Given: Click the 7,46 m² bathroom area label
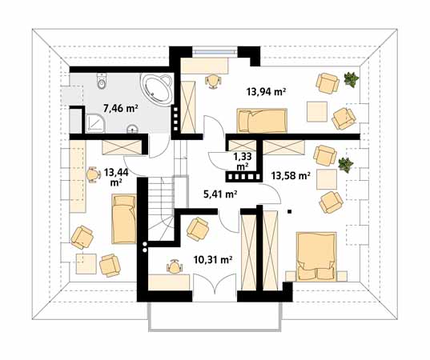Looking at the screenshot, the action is [x=120, y=109].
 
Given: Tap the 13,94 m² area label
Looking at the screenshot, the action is [x=267, y=91].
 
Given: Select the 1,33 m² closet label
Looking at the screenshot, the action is [x=243, y=161].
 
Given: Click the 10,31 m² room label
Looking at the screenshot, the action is [x=213, y=259].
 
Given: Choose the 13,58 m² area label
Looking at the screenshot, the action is [x=291, y=175].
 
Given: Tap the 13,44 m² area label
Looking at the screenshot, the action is [x=116, y=177].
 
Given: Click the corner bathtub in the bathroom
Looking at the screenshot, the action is [x=157, y=89].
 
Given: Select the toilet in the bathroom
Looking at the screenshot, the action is [x=101, y=82].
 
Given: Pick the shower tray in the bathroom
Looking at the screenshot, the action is [x=95, y=123].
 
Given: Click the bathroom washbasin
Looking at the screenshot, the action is [x=133, y=128].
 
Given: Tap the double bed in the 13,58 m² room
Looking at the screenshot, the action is [x=316, y=257].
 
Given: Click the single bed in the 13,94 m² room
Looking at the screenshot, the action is [x=262, y=121].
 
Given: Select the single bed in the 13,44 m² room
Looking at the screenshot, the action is [x=124, y=219].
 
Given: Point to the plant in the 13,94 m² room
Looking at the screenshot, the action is [x=351, y=79].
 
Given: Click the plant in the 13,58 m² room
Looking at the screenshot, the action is [x=346, y=165].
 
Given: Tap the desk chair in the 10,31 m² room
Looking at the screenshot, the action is [x=175, y=266].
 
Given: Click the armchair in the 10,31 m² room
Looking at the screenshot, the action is [x=198, y=229].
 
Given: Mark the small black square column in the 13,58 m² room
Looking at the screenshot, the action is [x=289, y=211].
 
